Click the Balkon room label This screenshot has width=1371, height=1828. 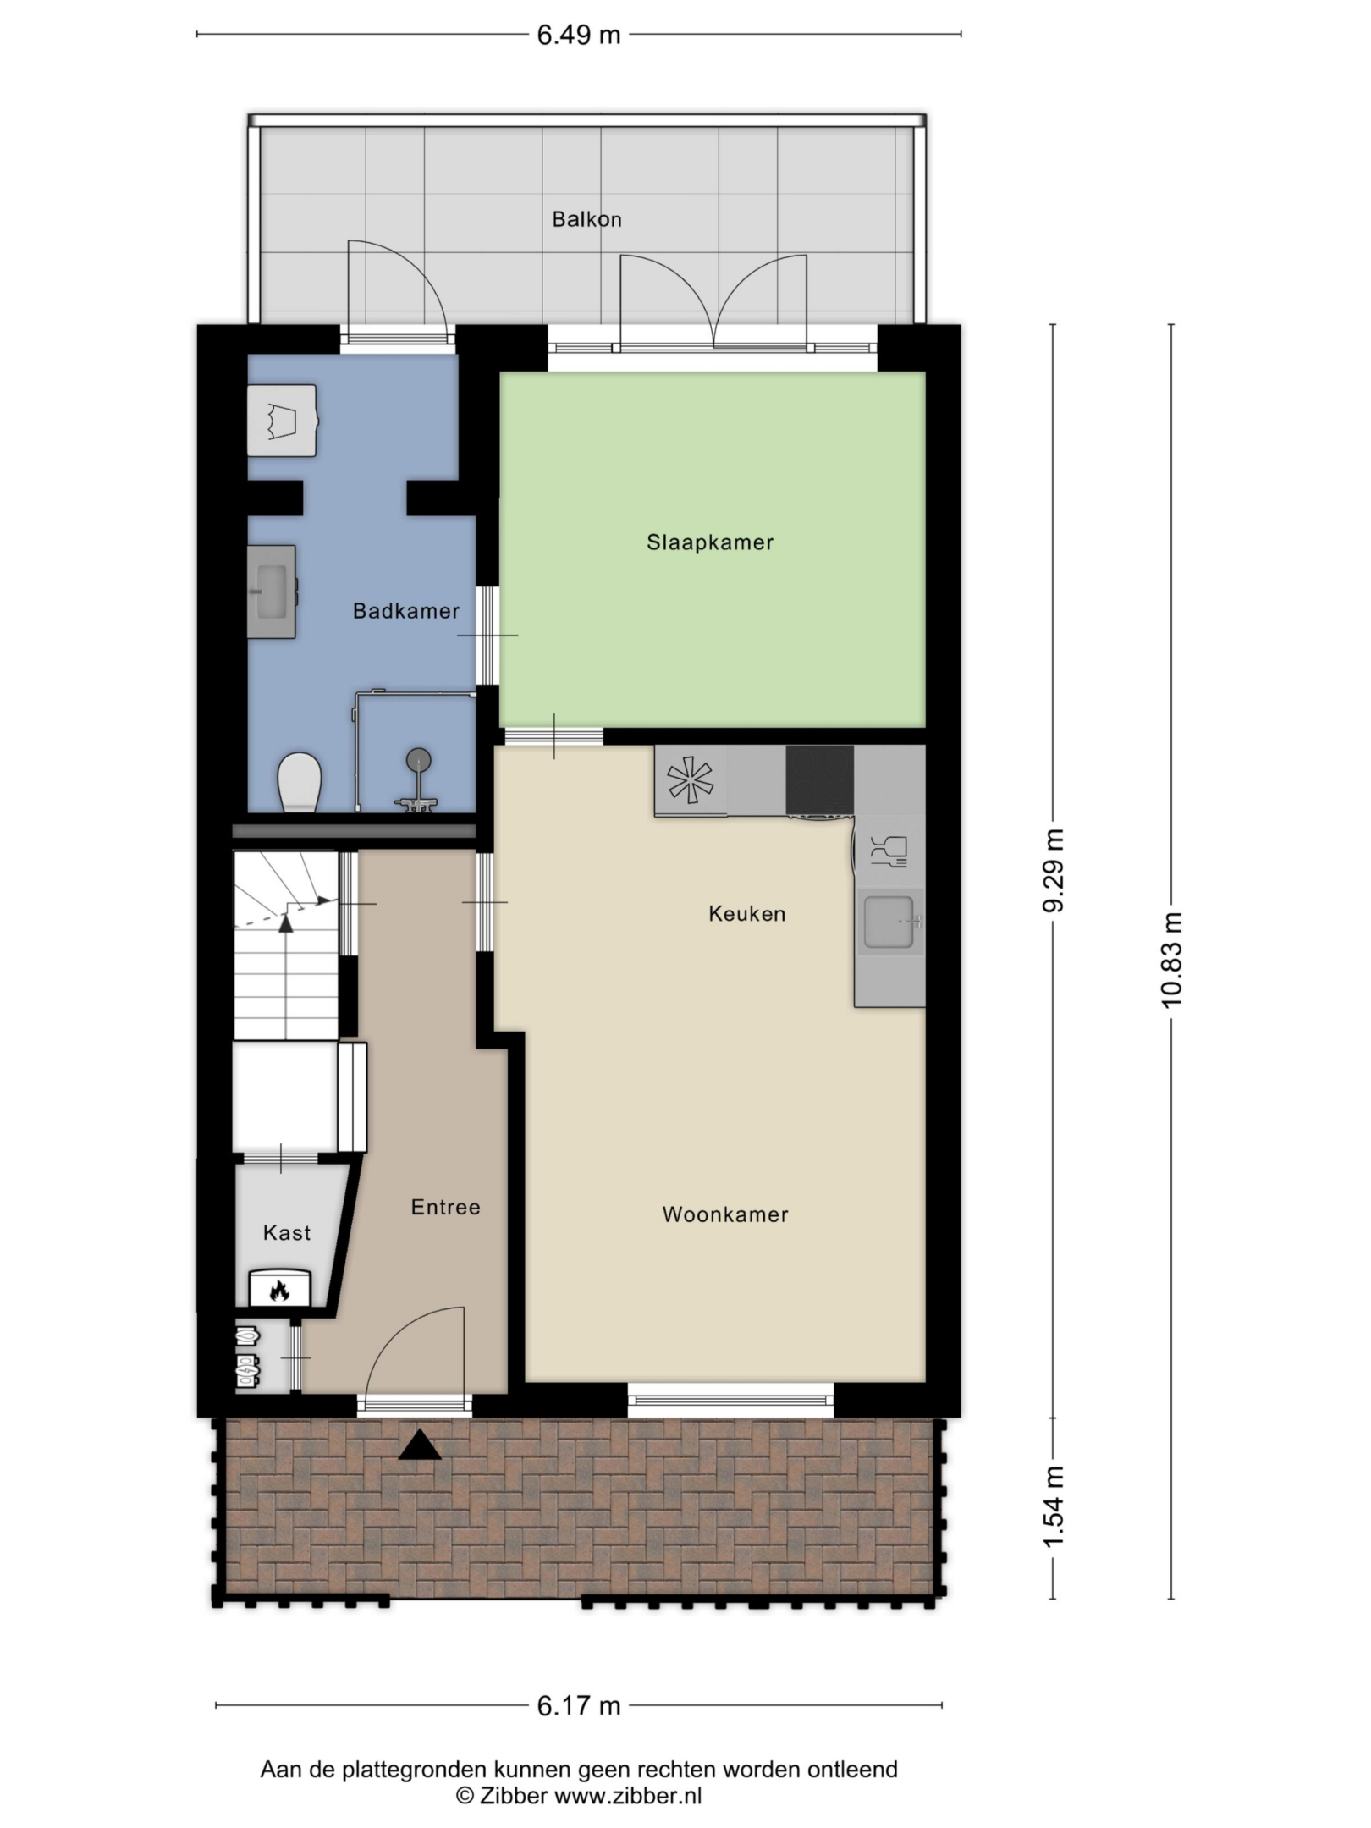[586, 219]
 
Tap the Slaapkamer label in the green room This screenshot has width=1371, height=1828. [710, 542]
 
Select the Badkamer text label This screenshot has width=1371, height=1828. [406, 611]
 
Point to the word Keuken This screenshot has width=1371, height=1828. [747, 914]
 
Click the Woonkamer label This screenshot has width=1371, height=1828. [725, 1214]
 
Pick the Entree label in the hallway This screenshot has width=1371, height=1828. [445, 1207]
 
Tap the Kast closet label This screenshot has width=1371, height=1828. [287, 1233]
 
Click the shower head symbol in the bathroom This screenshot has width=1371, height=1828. [419, 760]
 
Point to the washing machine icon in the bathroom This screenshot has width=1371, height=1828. [282, 421]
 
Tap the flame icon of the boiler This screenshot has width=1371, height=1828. [279, 1291]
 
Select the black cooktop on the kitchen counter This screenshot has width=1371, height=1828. [820, 779]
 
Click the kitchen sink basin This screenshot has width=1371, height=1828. [889, 921]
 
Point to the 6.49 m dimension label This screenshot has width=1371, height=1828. [579, 36]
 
